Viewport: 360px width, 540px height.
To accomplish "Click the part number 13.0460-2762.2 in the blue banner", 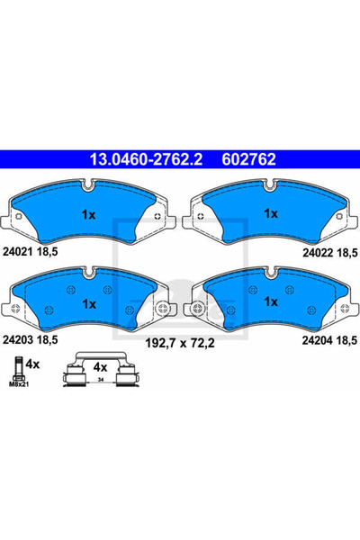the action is [x=146, y=159].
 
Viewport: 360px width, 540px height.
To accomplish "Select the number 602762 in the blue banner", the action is [x=248, y=159].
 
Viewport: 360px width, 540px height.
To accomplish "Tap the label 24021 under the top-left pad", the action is [x=18, y=252].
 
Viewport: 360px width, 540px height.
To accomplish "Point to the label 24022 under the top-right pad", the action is [x=318, y=253].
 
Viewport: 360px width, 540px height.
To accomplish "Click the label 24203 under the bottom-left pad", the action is [x=18, y=340].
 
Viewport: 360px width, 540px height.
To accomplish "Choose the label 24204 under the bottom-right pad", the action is [x=318, y=340].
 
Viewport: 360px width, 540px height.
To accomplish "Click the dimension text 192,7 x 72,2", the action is [x=180, y=343].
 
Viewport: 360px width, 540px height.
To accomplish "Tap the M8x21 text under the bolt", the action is [x=19, y=384].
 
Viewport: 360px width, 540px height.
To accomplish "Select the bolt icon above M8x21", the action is [x=18, y=369].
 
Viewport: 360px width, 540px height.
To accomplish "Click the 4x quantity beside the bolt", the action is [x=32, y=364].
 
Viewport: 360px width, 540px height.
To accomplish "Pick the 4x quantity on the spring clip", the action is [x=100, y=367].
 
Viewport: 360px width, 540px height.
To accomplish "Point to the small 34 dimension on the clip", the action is [x=101, y=380].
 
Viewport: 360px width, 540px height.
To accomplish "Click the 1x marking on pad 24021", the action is [x=88, y=215].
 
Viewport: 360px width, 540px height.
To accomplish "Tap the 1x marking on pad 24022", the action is [x=271, y=213].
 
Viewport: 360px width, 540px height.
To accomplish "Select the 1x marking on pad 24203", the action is [x=89, y=304].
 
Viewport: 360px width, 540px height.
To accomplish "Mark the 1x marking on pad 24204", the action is [x=271, y=301].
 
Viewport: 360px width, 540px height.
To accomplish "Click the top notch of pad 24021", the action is [x=89, y=184].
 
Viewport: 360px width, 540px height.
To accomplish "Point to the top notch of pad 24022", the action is [x=270, y=184].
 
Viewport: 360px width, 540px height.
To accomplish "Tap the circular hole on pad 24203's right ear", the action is [x=162, y=308].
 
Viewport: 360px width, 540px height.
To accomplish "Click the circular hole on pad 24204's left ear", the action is [x=197, y=308].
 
